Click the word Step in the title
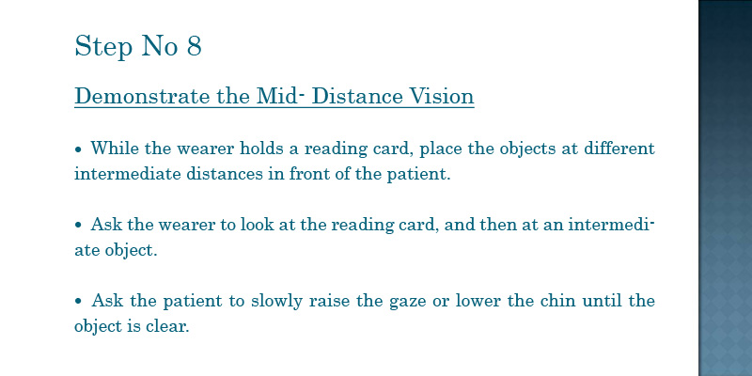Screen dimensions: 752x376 point(103,47)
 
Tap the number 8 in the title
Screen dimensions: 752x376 point(195,46)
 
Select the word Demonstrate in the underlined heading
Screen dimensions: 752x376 point(143,96)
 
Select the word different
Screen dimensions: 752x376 point(619,148)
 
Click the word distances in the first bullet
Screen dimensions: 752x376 point(225,173)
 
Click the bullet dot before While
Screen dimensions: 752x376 point(79,149)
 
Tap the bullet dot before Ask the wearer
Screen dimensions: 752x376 point(79,226)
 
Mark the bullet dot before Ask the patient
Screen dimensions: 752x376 point(79,302)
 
